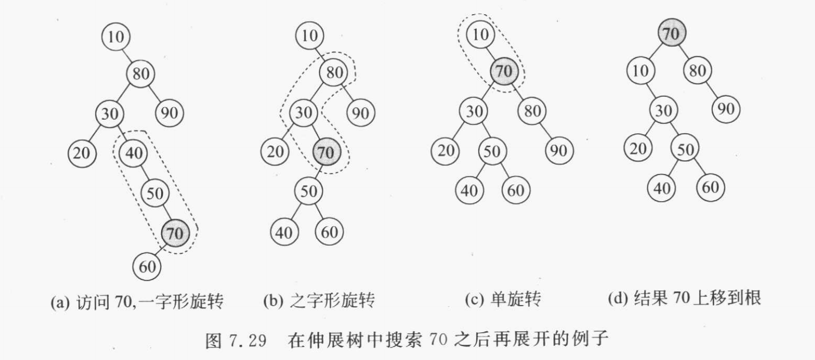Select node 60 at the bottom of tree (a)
(x=147, y=266)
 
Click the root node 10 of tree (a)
(x=116, y=37)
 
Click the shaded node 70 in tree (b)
(x=326, y=153)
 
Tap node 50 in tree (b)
(x=308, y=191)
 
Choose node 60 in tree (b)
(x=329, y=232)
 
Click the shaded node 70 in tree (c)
(x=504, y=71)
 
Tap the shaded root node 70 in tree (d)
(x=671, y=34)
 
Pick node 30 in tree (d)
(x=662, y=110)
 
